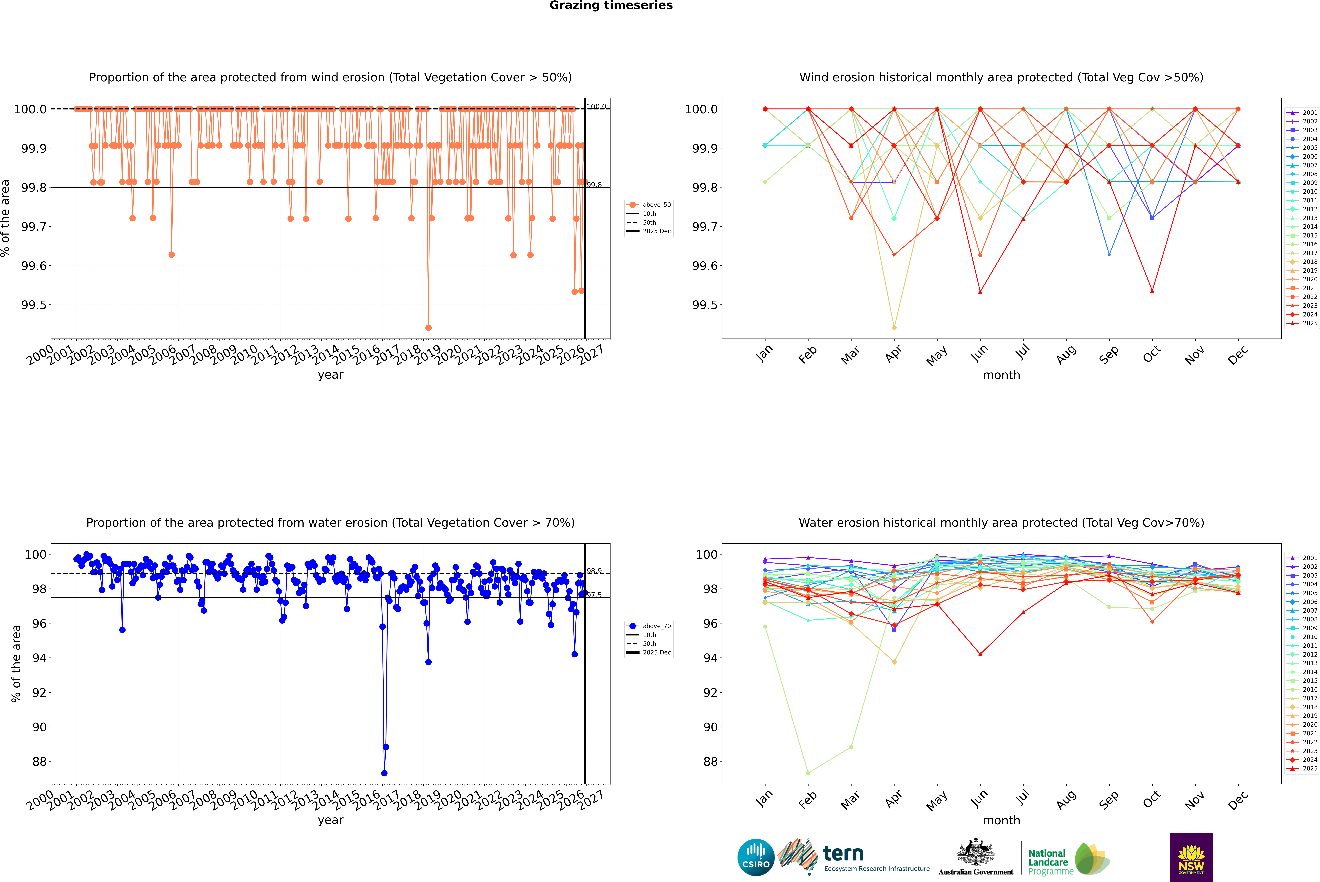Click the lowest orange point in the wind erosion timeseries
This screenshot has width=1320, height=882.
428,327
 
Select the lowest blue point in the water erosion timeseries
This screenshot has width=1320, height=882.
384,773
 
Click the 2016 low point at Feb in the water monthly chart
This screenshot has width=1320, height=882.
808,773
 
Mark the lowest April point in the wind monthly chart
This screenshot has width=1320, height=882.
894,327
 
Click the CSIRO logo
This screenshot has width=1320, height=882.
756,857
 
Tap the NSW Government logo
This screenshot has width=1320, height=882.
1191,857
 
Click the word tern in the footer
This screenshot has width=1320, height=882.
843,853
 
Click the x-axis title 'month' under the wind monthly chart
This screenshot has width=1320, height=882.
1001,375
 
